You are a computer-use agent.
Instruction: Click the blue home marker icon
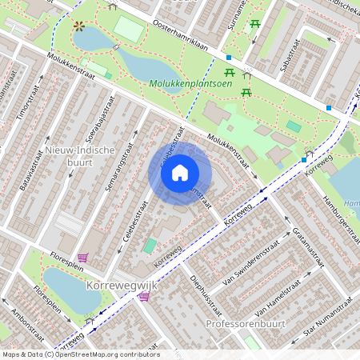coord(180,173)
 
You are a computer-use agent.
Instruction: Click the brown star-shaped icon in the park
coord(79,26)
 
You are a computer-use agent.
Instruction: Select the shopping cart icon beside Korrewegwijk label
coord(144,297)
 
